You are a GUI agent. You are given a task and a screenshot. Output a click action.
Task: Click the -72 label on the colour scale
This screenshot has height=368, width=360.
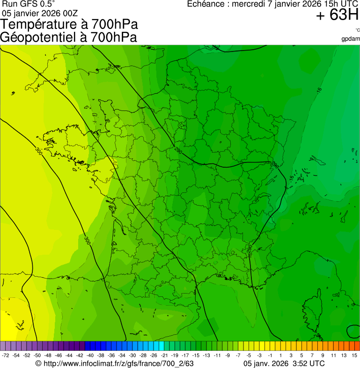point(6,356)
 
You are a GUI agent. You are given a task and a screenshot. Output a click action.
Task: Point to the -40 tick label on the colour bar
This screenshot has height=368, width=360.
point(90,356)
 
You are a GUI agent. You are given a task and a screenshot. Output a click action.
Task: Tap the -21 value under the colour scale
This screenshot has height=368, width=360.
point(164,356)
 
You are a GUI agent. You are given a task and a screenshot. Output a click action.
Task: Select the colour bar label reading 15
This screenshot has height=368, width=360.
point(354,356)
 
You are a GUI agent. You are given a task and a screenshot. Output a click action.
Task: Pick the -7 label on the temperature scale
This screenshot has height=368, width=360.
point(238,356)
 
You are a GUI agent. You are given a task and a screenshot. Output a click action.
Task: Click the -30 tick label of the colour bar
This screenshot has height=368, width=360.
point(132,356)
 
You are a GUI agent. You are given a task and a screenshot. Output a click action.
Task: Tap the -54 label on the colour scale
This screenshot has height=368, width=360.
point(16,356)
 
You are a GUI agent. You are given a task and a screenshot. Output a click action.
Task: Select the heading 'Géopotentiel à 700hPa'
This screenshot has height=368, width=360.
point(68,37)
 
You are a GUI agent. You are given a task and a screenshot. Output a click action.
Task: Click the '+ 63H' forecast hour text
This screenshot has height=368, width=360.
point(337,15)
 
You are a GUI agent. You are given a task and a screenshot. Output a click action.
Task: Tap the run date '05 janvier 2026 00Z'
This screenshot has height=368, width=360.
point(40,13)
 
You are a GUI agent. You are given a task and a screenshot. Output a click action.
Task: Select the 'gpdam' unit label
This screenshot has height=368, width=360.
point(351,38)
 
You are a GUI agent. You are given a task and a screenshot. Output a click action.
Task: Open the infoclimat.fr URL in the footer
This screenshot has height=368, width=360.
point(115,363)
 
